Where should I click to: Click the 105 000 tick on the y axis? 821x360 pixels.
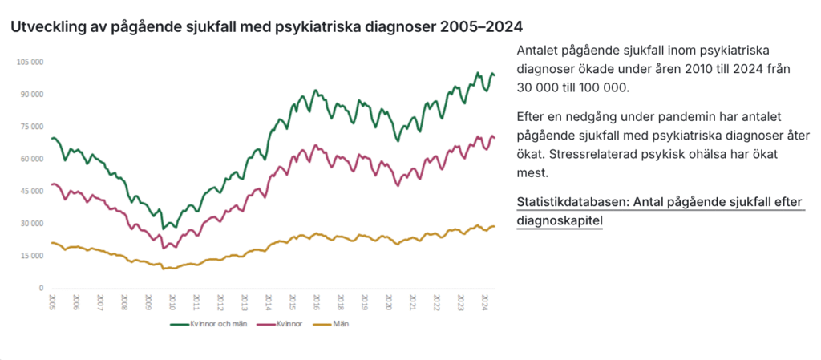[x=30, y=62]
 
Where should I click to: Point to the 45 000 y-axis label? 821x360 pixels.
[x=30, y=191]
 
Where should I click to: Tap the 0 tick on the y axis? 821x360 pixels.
[x=40, y=288]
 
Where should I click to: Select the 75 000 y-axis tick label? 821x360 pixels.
[x=30, y=127]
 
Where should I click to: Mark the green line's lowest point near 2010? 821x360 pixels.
[x=164, y=229]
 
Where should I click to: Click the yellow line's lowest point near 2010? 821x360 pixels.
[x=164, y=269]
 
